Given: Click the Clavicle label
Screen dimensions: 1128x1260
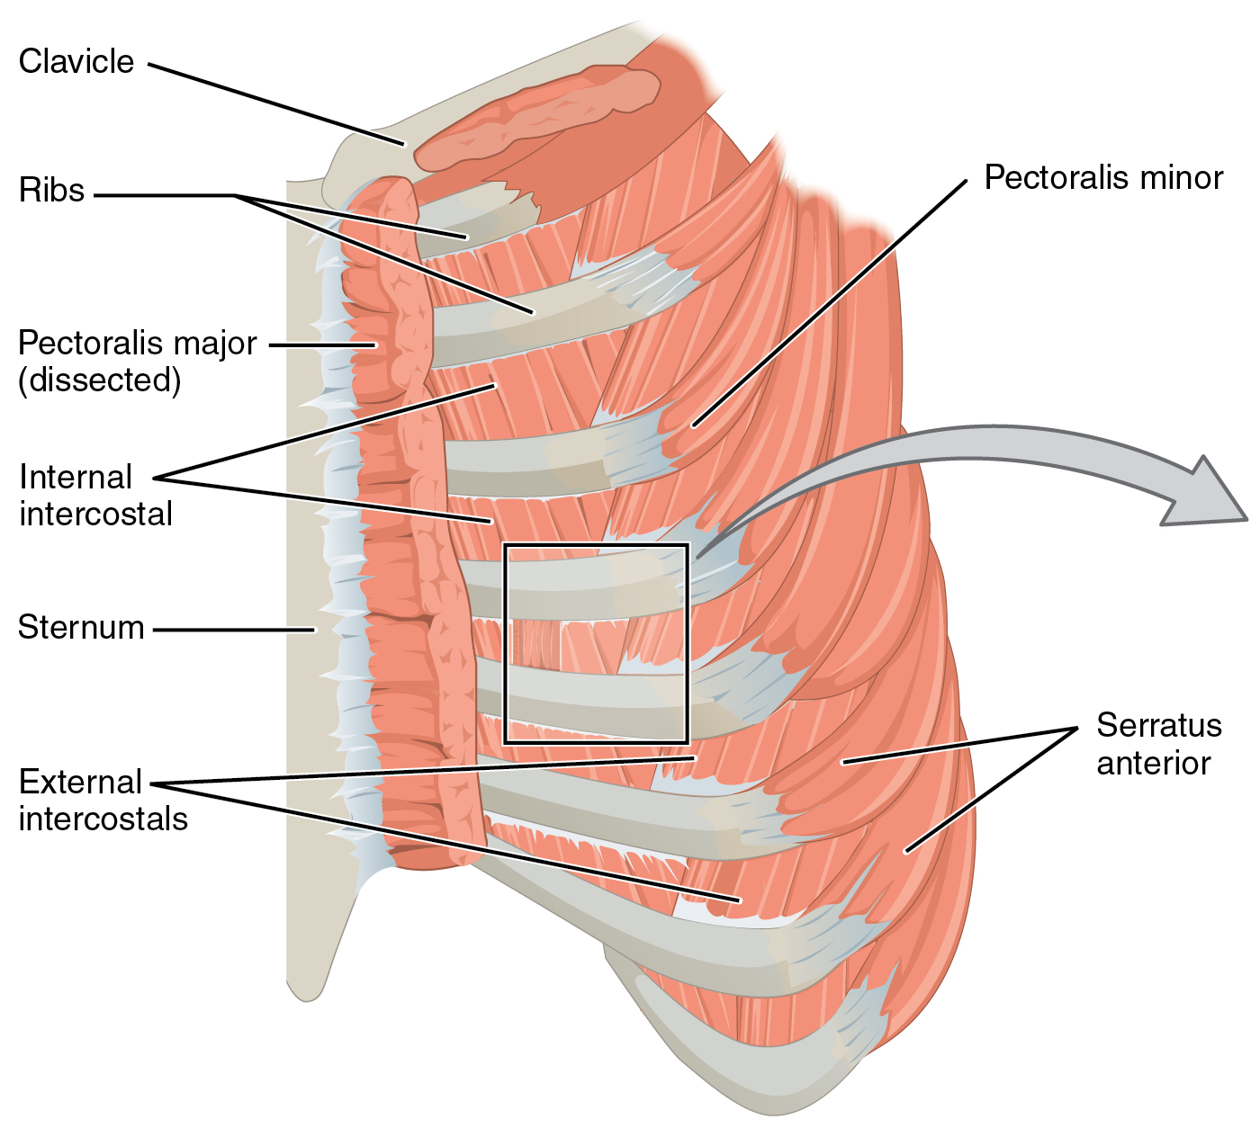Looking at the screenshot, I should pyautogui.click(x=76, y=61).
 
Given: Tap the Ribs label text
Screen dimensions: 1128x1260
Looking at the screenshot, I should pyautogui.click(x=52, y=190).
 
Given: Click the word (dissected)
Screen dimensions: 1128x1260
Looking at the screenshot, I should pyautogui.click(x=100, y=380).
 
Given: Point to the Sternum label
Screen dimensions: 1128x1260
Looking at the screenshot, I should pyautogui.click(x=81, y=627).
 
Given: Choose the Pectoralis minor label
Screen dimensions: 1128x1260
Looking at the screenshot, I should pyautogui.click(x=1103, y=177).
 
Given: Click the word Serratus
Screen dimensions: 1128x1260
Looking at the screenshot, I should pyautogui.click(x=1158, y=725).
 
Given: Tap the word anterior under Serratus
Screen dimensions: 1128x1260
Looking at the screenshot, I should pyautogui.click(x=1153, y=763).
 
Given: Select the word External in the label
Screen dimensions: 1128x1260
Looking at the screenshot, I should pyautogui.click(x=81, y=782).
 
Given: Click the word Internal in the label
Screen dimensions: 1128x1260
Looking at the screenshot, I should pyautogui.click(x=76, y=477).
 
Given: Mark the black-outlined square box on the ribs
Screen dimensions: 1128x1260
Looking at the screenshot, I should pyautogui.click(x=596, y=643).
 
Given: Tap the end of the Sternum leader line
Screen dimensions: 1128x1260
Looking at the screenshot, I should pyautogui.click(x=314, y=630).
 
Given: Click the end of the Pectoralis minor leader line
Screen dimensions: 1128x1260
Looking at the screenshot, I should pyautogui.click(x=693, y=425).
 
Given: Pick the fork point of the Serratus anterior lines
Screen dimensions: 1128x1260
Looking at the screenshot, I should pyautogui.click(x=1077, y=728).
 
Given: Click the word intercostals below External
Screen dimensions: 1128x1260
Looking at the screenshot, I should pyautogui.click(x=103, y=819).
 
